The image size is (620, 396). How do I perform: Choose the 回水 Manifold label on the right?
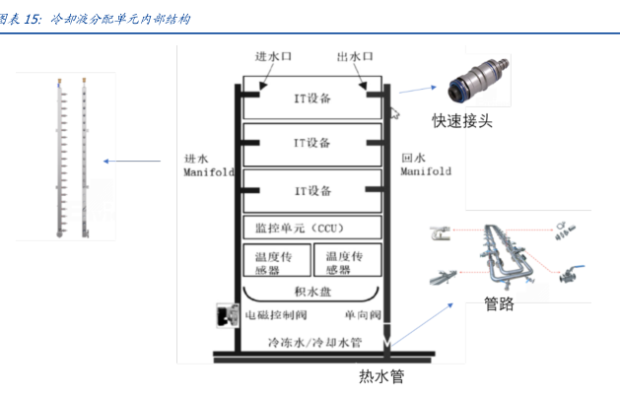click(x=426, y=165)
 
